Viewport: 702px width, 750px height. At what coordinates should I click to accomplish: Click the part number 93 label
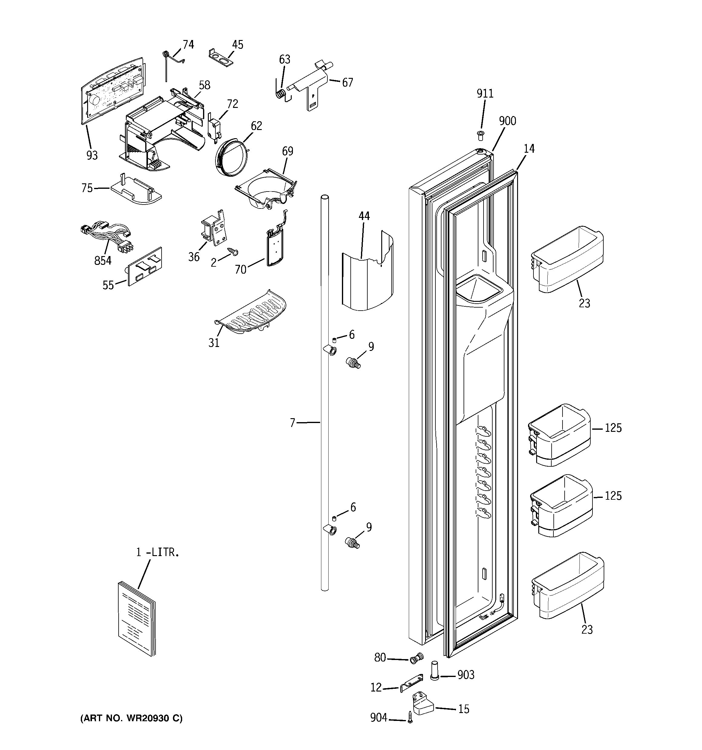92,155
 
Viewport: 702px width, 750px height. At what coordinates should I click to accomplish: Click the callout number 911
485,94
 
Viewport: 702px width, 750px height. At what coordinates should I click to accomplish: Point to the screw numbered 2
233,251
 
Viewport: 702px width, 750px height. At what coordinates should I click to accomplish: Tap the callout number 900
507,121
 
